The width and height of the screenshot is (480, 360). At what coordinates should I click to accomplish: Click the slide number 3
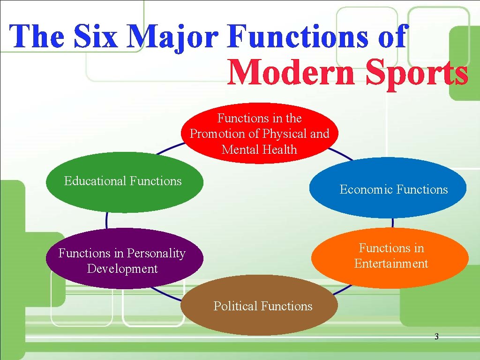[436, 337]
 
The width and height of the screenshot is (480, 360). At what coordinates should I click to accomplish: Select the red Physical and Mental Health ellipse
[259, 134]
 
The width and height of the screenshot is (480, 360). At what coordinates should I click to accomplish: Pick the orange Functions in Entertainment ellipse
[390, 257]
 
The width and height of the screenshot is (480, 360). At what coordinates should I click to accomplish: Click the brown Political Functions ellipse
[259, 306]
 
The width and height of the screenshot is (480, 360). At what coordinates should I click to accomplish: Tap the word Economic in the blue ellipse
[366, 189]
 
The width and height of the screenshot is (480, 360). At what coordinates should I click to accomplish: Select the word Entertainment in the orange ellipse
[391, 263]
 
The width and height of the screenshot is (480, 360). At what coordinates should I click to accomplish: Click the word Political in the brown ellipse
[236, 306]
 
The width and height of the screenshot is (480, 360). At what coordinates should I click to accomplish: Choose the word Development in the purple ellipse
[122, 269]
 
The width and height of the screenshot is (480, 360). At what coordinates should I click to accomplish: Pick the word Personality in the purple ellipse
[156, 253]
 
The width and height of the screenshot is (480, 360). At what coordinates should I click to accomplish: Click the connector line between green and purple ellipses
[107, 220]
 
